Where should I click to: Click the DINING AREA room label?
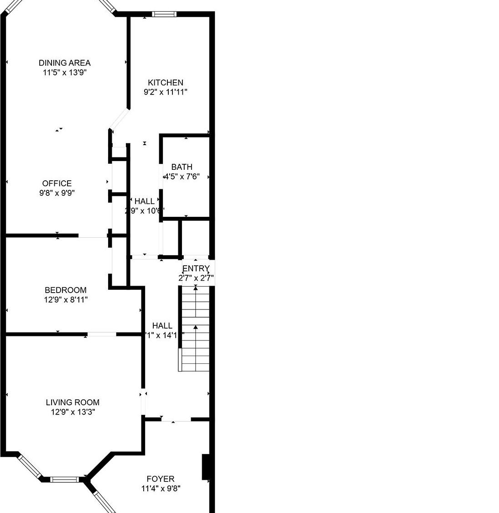pyautogui.click(x=64, y=63)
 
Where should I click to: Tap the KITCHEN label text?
pyautogui.click(x=166, y=83)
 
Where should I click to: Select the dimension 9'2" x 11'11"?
pyautogui.click(x=166, y=92)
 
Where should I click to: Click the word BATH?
pyautogui.click(x=182, y=167)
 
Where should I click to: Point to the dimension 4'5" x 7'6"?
pyautogui.click(x=182, y=177)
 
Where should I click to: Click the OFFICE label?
pyautogui.click(x=57, y=183)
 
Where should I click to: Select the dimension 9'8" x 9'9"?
pyautogui.click(x=57, y=193)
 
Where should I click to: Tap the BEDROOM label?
pyautogui.click(x=66, y=290)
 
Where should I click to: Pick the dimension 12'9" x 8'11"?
pyautogui.click(x=66, y=300)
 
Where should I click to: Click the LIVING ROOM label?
pyautogui.click(x=73, y=403)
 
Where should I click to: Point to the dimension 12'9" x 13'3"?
pyautogui.click(x=73, y=412)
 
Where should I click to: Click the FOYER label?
pyautogui.click(x=161, y=479)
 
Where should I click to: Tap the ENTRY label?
pyautogui.click(x=196, y=268)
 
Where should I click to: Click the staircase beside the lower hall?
pyautogui.click(x=196, y=329)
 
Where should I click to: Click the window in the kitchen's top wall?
pyautogui.click(x=164, y=14)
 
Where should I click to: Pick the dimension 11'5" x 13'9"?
pyautogui.click(x=64, y=73)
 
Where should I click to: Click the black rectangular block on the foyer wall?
pyautogui.click(x=206, y=467)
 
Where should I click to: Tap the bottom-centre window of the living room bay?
pyautogui.click(x=64, y=479)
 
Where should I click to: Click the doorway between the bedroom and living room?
pyautogui.click(x=102, y=335)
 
